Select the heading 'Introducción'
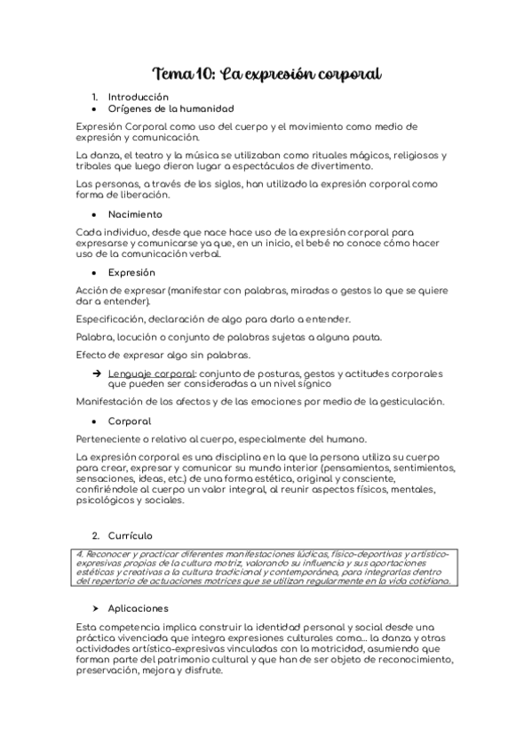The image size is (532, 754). click(138, 96)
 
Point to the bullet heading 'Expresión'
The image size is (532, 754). click(131, 272)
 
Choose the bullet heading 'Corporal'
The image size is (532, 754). click(130, 421)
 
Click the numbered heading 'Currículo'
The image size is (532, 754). click(130, 535)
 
